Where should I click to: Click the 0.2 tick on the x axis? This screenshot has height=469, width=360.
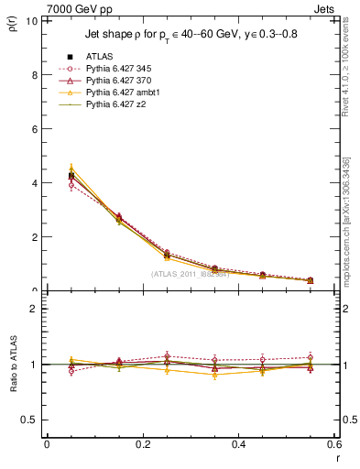[x=142, y=443]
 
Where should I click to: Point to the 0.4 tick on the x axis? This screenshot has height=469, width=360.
[x=237, y=443]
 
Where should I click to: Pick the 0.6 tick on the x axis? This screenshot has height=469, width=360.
[x=333, y=443]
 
